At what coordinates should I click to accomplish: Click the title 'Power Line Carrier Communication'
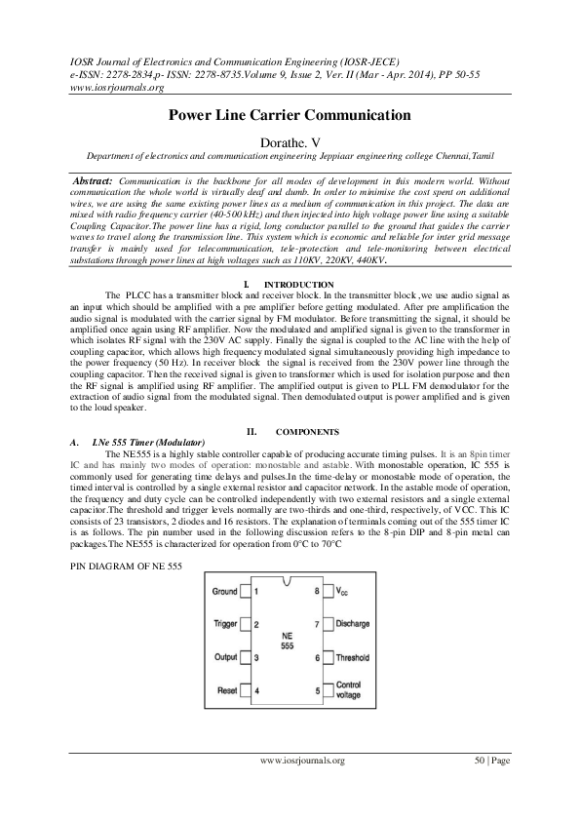(290, 115)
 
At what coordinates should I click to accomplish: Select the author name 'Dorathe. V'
(290, 142)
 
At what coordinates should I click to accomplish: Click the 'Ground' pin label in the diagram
(225, 591)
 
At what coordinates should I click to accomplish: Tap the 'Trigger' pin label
(225, 623)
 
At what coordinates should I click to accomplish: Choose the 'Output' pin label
(225, 657)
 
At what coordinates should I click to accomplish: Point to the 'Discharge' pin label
(352, 623)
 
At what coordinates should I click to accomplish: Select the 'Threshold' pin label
(353, 658)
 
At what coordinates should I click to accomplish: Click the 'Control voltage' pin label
(348, 691)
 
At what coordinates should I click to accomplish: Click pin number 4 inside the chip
(256, 691)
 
